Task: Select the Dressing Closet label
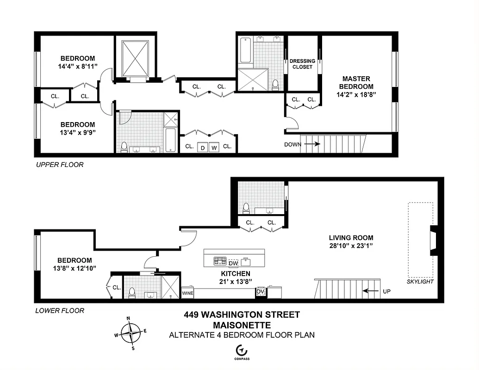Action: click(302, 64)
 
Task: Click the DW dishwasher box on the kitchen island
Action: click(233, 263)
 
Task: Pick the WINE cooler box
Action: click(187, 293)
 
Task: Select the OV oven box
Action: click(260, 292)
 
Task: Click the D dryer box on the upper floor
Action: click(202, 148)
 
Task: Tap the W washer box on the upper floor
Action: click(213, 148)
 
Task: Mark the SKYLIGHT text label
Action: click(420, 282)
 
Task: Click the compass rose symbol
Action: click(132, 331)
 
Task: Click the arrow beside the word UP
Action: click(369, 291)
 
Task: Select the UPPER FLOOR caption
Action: click(60, 165)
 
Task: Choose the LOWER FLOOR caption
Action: click(60, 310)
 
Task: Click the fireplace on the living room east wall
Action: click(434, 240)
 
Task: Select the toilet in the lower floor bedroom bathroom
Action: click(131, 292)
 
